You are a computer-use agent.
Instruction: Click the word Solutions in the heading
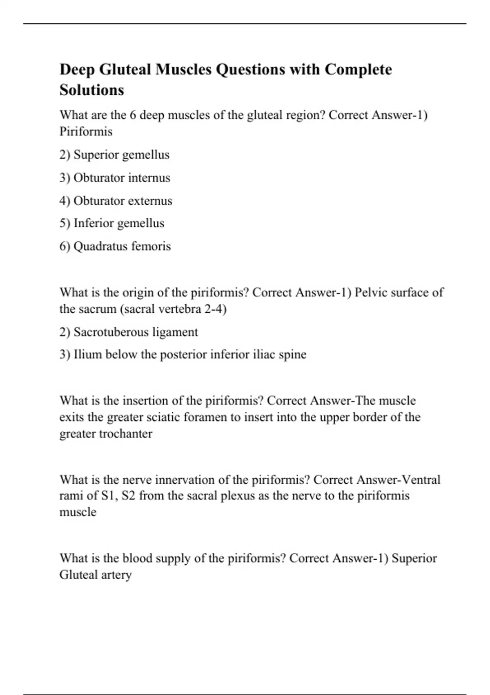pyautogui.click(x=91, y=90)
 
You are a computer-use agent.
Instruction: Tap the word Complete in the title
pyautogui.click(x=358, y=69)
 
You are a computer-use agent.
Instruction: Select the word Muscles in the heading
pyautogui.click(x=183, y=69)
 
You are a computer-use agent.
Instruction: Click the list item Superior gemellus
pyautogui.click(x=114, y=155)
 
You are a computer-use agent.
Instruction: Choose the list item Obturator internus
pyautogui.click(x=115, y=178)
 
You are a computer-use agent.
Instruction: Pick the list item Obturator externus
pyautogui.click(x=116, y=201)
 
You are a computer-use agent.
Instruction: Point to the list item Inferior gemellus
pyautogui.click(x=112, y=223)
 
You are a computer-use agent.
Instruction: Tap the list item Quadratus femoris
pyautogui.click(x=115, y=246)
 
